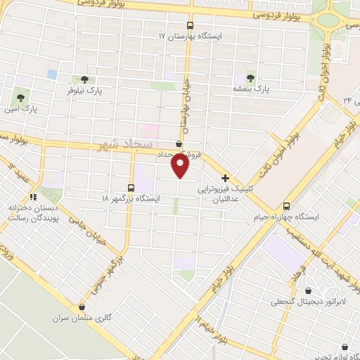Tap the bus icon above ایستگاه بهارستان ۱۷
click(x=190, y=25)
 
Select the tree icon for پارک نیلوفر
click(x=84, y=79)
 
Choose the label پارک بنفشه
click(x=252, y=89)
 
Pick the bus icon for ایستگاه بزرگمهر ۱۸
click(x=131, y=187)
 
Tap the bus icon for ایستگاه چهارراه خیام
click(x=286, y=207)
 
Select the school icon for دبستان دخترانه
click(x=32, y=197)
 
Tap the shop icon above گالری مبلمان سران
click(x=83, y=307)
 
